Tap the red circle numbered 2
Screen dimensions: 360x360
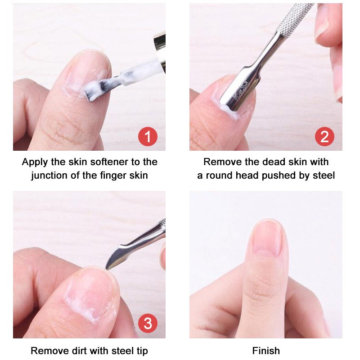[324, 136]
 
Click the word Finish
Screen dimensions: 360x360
[266, 351]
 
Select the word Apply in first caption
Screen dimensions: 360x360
[33, 162]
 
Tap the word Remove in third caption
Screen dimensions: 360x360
[48, 351]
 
